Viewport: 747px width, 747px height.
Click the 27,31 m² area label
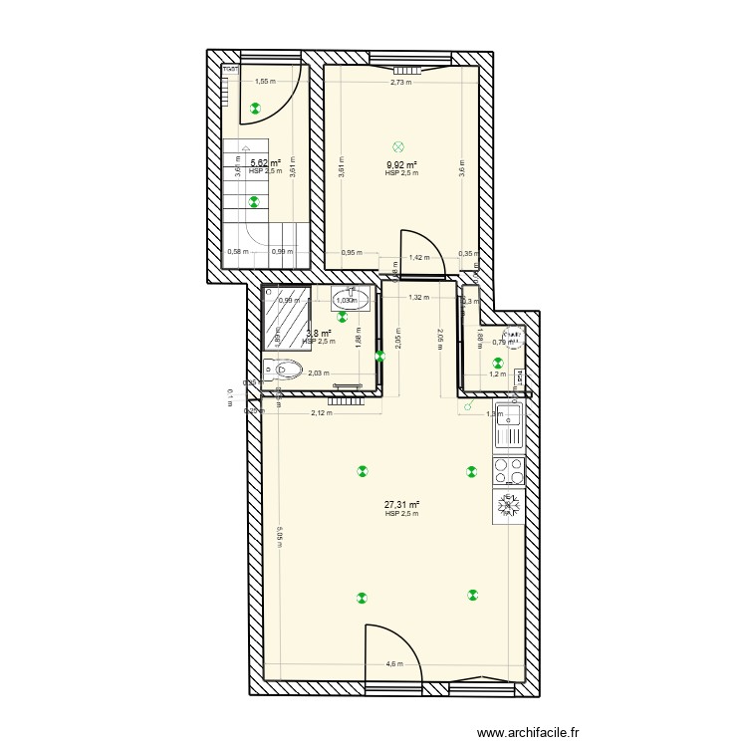[401, 505]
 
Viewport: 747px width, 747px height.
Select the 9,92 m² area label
[401, 165]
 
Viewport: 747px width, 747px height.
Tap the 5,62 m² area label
[265, 163]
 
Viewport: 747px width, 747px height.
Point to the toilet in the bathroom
[286, 371]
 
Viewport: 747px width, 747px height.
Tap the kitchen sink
[509, 426]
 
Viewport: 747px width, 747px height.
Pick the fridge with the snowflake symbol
[509, 507]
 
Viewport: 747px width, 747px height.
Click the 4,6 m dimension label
[394, 664]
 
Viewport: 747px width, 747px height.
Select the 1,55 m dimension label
[264, 83]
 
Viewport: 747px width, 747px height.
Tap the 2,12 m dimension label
[321, 412]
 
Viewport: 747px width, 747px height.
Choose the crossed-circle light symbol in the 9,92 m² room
[398, 145]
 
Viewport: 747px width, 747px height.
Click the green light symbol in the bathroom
[343, 317]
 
